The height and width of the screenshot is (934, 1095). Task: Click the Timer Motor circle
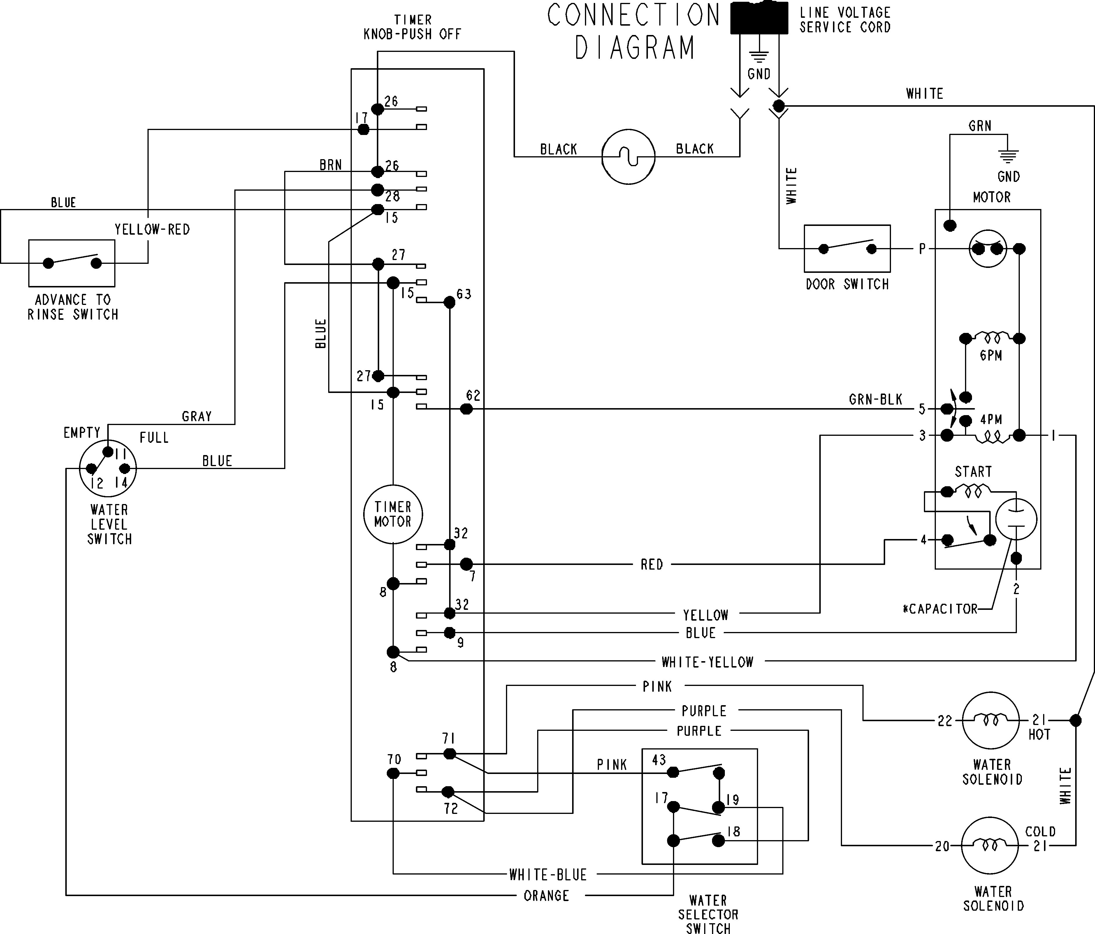393,514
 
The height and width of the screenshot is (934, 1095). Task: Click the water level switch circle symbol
108,468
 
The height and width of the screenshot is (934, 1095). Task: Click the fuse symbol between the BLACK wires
628,157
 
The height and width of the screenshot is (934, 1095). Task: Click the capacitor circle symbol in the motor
1016,519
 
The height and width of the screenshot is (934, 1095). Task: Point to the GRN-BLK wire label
875,400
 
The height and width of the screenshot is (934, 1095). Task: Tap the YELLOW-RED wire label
152,229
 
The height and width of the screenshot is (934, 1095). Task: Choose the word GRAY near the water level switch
197,417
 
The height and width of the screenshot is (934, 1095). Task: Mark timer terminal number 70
394,760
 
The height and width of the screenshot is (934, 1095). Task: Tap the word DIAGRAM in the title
634,48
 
